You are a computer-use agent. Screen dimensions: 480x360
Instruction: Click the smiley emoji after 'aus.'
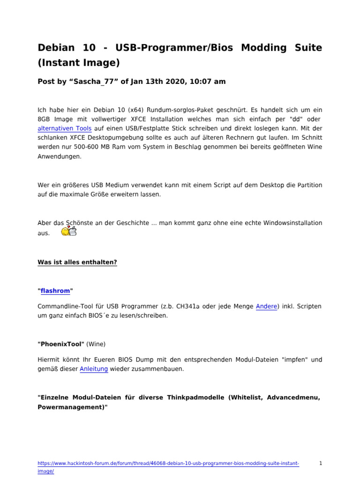point(69,231)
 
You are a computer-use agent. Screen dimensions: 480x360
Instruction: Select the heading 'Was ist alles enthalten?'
point(77,262)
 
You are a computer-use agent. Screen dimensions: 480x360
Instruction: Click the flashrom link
point(55,291)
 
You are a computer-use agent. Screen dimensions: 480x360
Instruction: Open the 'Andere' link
point(266,306)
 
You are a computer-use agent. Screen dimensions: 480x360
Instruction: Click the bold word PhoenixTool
point(61,344)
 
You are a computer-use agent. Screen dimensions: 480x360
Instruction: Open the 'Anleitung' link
point(94,369)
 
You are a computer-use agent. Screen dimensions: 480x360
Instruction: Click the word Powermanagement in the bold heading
point(71,407)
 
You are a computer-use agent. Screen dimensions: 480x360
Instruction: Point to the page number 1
point(321,464)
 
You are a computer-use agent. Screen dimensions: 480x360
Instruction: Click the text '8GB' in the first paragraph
point(44,119)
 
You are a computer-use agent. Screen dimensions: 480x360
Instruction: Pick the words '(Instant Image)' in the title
point(79,62)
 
